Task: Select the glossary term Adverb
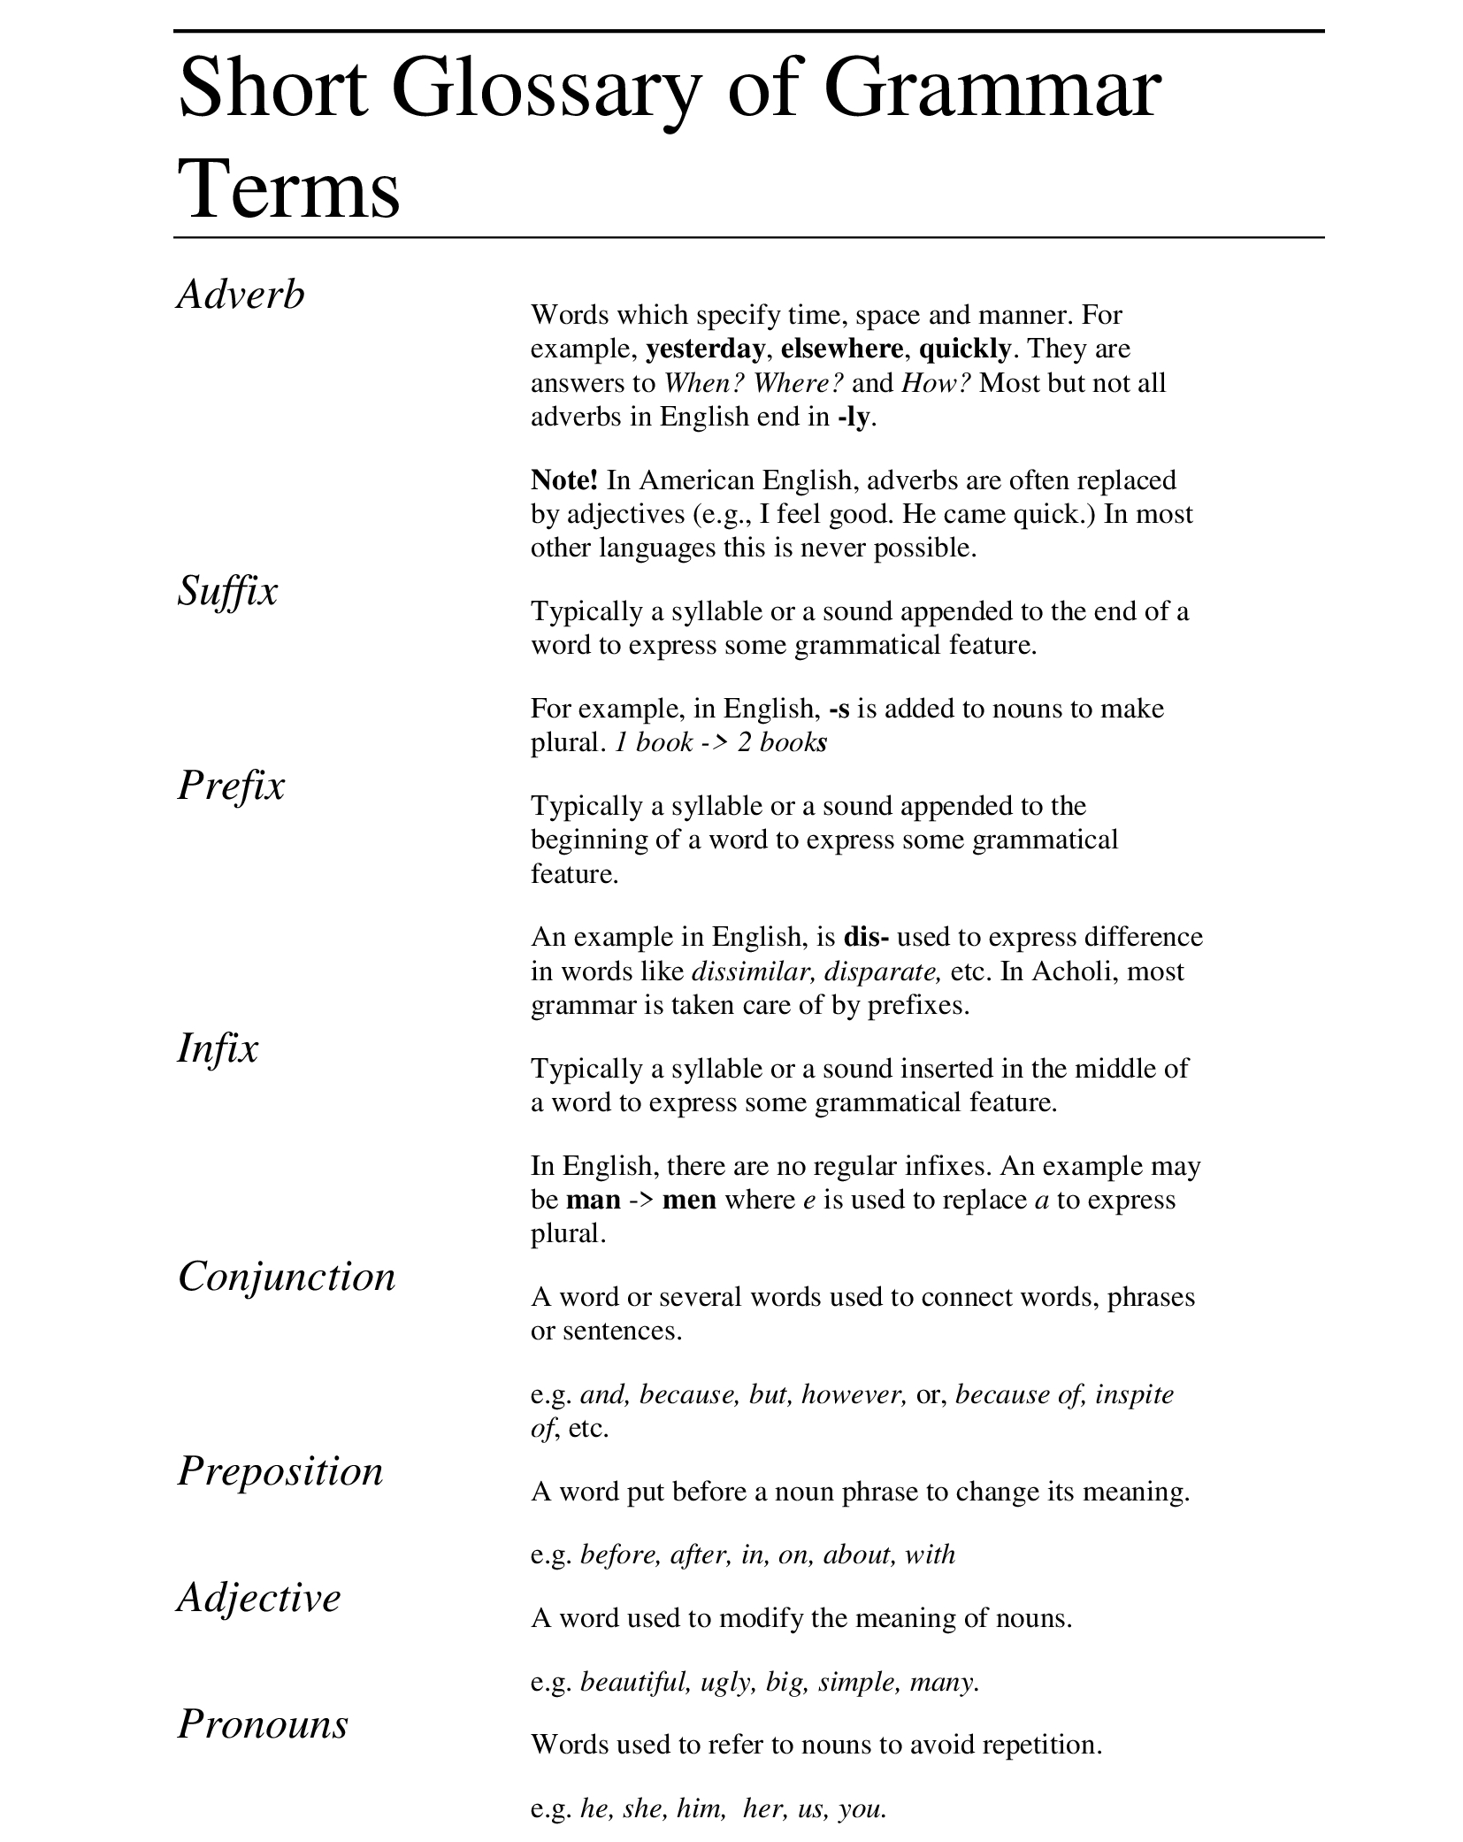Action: [x=241, y=294]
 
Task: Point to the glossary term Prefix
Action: [x=231, y=785]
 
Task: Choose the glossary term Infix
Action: [x=218, y=1048]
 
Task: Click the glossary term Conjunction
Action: [x=287, y=1277]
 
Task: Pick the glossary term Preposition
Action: [x=280, y=1471]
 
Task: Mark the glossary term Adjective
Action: [x=258, y=1598]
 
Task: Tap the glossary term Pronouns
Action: [x=263, y=1724]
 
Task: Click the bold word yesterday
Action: [x=705, y=349]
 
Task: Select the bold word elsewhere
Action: [x=841, y=349]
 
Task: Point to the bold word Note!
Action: [x=564, y=480]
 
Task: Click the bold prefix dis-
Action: [x=866, y=937]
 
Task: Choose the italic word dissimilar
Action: [x=753, y=971]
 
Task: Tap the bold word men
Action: [x=689, y=1200]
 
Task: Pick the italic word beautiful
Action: [x=634, y=1681]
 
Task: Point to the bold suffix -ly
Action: [x=854, y=418]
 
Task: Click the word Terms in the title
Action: [x=289, y=190]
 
